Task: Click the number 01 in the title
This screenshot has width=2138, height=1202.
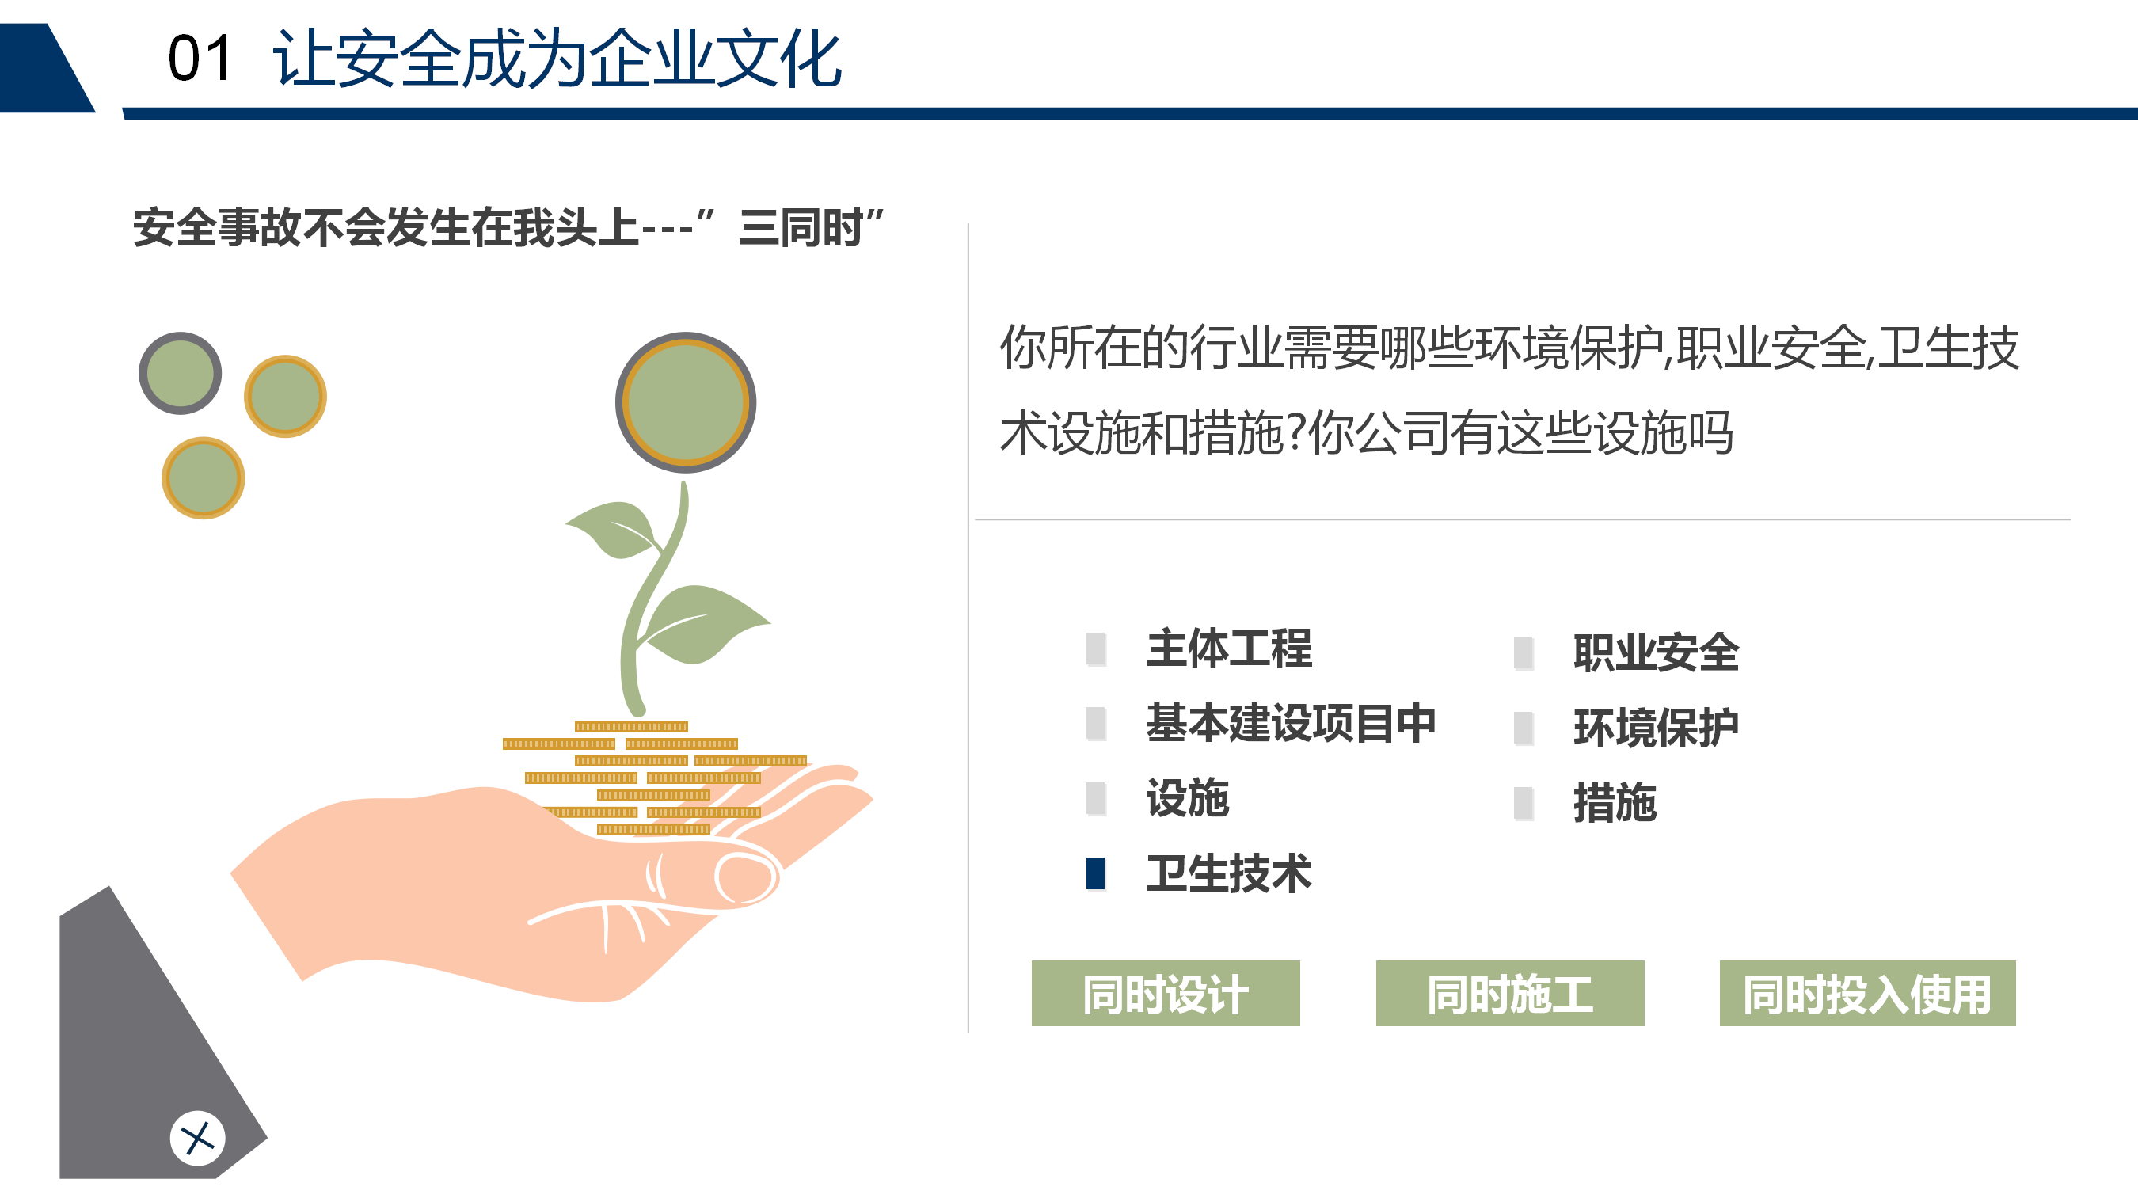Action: [200, 59]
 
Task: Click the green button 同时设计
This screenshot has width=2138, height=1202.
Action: [1166, 993]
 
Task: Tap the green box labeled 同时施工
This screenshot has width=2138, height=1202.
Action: [1510, 993]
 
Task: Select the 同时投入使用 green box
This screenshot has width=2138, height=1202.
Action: [1867, 993]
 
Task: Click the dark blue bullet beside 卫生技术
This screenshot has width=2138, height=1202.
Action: [1096, 873]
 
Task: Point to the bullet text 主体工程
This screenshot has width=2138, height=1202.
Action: [1229, 649]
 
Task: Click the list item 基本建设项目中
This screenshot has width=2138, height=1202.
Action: [1291, 723]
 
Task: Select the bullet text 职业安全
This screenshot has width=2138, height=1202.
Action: [1656, 652]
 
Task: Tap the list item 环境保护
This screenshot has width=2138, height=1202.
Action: [1656, 728]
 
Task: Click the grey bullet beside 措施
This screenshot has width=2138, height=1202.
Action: [1524, 804]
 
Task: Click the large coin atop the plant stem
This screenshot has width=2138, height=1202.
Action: [686, 402]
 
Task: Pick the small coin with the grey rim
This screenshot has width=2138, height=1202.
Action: [180, 374]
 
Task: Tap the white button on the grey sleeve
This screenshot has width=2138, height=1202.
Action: [197, 1138]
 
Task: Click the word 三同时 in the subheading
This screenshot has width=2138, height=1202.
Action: [801, 228]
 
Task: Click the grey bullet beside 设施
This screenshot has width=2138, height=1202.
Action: [1096, 799]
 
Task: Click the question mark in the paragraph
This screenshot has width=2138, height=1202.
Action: [1295, 432]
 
